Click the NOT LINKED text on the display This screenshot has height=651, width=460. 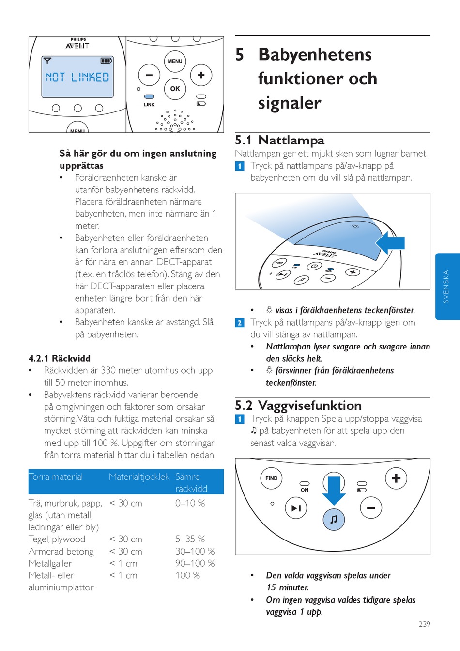coord(77,77)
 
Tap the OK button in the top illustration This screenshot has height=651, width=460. coord(175,89)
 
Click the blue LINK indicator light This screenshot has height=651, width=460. coord(149,97)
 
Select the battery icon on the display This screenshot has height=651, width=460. coord(106,61)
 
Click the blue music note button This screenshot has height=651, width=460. coord(334,519)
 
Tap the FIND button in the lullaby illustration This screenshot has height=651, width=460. coord(271,478)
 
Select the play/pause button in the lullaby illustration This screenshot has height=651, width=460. coord(296,508)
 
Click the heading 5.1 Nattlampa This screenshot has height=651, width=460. coord(279,140)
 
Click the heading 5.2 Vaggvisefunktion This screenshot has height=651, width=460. coord(298,405)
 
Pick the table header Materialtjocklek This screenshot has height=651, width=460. coord(139,476)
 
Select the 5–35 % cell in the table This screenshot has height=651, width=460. coord(190,539)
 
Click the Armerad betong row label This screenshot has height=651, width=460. coord(61,551)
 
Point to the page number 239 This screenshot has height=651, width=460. coord(424,624)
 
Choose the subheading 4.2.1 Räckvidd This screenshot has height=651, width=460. coord(60,358)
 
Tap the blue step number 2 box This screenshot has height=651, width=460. coord(240,323)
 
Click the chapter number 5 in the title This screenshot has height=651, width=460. coord(240,54)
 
